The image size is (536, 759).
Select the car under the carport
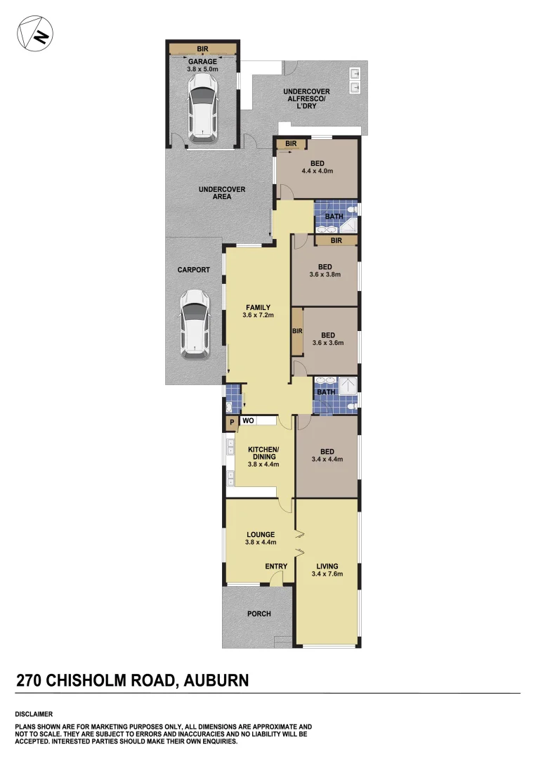194,324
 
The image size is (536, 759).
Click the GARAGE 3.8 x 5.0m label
202,65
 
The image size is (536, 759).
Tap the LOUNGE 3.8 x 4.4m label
260,538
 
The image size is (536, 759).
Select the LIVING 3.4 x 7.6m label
327,570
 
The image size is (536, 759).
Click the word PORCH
259,614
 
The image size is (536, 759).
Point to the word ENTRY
276,566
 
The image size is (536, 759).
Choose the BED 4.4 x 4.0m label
317,167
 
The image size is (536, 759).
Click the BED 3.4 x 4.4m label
326,455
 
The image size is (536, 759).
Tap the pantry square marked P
231,422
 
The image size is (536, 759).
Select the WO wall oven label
247,420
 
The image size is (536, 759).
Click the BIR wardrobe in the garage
202,48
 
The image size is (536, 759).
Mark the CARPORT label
194,270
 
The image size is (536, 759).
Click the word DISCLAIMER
33,714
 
